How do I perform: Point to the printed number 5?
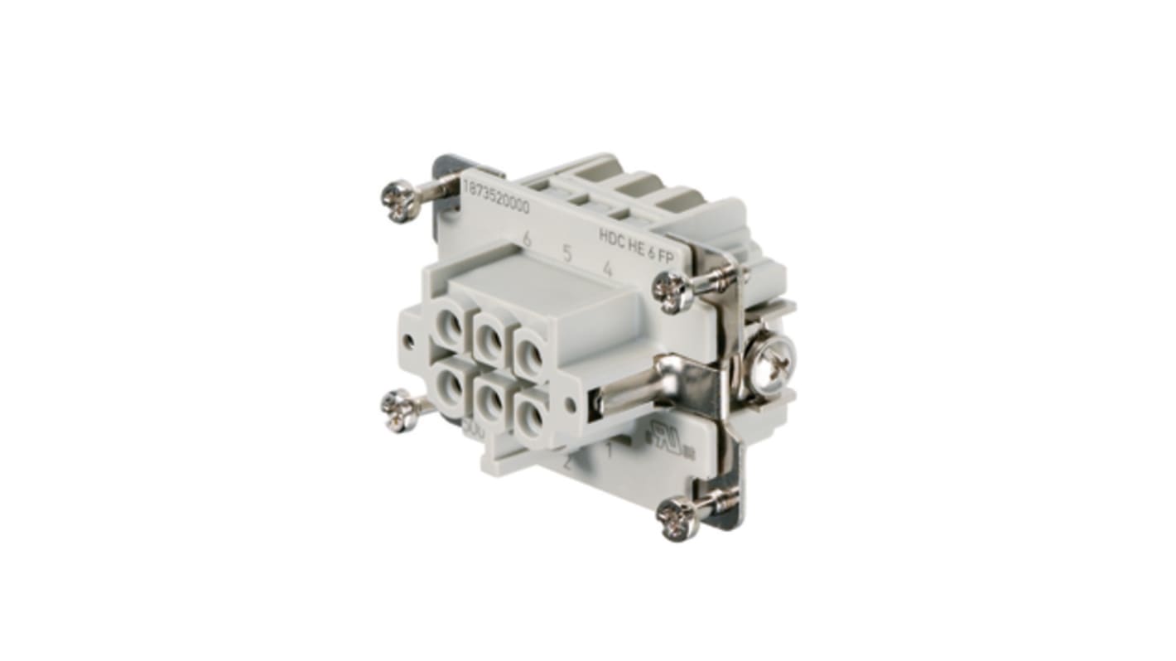coord(567,253)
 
